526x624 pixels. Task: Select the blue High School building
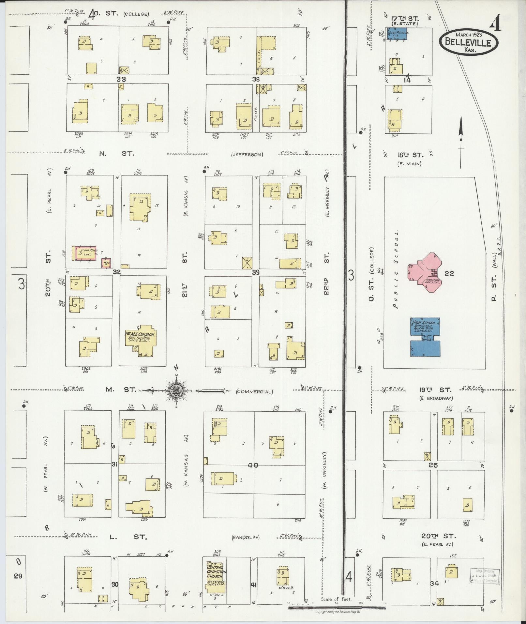425,338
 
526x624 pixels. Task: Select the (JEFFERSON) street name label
247,155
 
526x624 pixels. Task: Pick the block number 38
256,79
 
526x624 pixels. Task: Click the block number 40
253,465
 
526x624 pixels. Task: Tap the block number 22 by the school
449,273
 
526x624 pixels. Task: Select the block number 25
433,465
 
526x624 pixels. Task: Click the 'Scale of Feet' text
336,599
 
